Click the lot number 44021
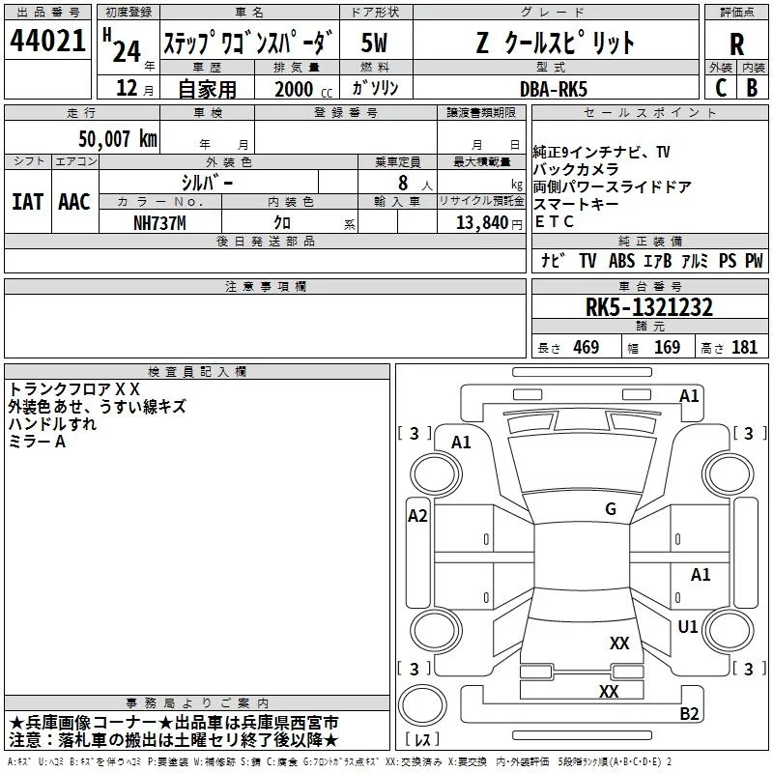47,41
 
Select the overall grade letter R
736,44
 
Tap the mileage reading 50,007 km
118,139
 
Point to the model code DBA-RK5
554,89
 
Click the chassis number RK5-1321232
648,307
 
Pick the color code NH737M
159,223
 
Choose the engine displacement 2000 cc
303,89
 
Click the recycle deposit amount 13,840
482,223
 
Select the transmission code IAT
28,202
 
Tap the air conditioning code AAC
74,202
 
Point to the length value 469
587,347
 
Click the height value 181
744,347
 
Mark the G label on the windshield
611,509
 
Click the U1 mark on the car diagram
688,626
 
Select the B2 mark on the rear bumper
689,713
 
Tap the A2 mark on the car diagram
417,516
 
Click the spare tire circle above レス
422,705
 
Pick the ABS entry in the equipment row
621,261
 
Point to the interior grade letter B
752,88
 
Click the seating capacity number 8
403,183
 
